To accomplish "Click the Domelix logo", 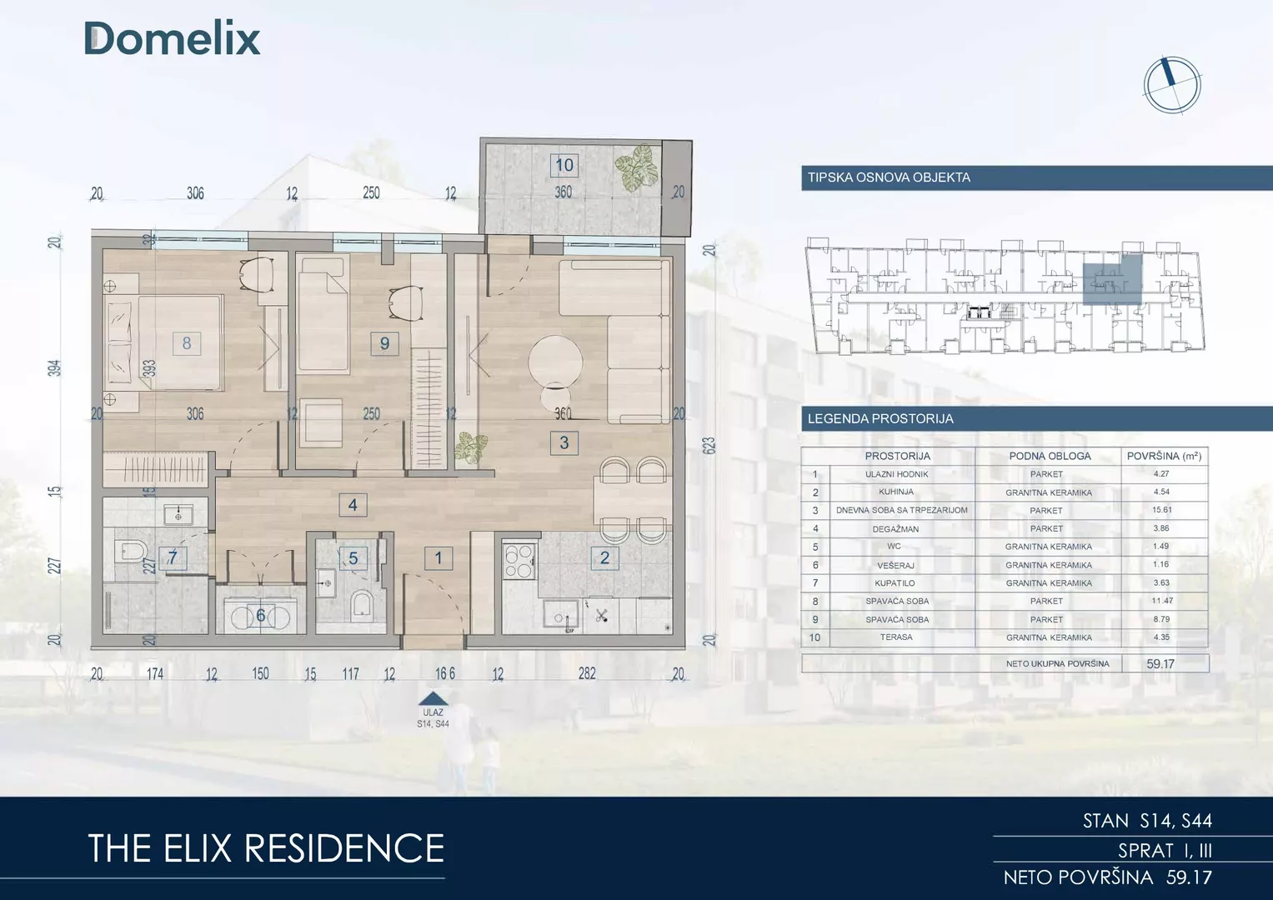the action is click(173, 38).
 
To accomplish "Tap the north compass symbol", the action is click(1172, 86).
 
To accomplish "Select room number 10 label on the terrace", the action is click(564, 165).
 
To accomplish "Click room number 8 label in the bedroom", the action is click(187, 343).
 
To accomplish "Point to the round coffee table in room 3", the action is click(555, 362).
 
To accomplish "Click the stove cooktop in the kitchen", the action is click(519, 562).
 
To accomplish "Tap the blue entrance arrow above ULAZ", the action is click(433, 698).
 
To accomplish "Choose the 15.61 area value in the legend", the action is click(1162, 510).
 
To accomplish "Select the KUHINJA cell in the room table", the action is click(897, 492).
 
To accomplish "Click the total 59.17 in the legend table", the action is click(1160, 663).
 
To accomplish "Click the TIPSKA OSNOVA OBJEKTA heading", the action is click(889, 177).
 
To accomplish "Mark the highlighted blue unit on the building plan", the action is click(1112, 279).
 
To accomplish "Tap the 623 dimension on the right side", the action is click(709, 445).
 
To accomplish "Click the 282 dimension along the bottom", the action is click(587, 673).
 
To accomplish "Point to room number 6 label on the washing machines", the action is click(261, 615).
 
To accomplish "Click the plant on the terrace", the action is click(637, 167).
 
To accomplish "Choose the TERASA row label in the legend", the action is click(896, 637).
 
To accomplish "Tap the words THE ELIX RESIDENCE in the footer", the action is click(266, 848).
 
